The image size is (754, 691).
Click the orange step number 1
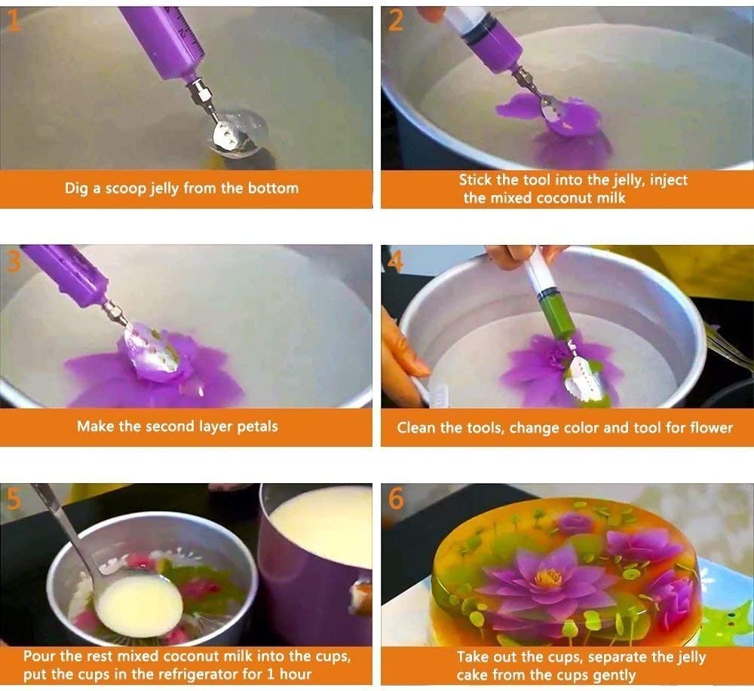(13, 20)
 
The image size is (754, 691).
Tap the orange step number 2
(395, 20)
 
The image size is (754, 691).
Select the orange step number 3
(14, 261)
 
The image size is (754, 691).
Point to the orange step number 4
(395, 261)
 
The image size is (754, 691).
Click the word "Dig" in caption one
(76, 188)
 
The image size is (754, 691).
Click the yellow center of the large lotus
(548, 577)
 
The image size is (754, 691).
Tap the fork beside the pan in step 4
(728, 347)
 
